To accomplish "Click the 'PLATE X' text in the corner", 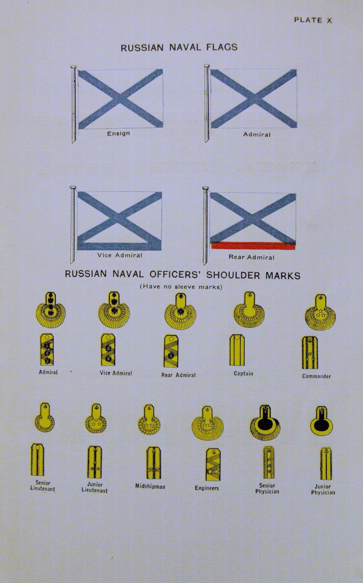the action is tap(313, 20).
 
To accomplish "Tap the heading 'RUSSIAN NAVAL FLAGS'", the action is tap(179, 48).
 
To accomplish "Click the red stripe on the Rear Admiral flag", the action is tap(253, 246).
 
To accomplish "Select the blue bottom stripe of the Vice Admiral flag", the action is tap(119, 246).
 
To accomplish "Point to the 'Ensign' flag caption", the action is tap(118, 134).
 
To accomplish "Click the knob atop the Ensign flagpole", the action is tap(74, 67).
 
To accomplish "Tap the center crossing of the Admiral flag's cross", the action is tap(254, 99).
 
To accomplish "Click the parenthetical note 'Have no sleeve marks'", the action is tap(181, 287).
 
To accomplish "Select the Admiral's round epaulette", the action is tap(51, 309).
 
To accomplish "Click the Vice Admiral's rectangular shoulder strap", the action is tap(108, 350).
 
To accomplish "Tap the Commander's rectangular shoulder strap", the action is tap(310, 353).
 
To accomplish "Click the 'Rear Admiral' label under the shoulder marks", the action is tap(178, 375).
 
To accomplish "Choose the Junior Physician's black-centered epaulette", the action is tap(322, 421).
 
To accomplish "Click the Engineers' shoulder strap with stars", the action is tap(213, 464).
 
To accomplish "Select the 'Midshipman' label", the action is tap(150, 486).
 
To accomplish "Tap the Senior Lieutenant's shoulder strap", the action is tap(37, 460).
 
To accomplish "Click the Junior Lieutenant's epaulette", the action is tap(96, 418).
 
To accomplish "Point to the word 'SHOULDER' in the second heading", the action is tap(233, 275).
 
